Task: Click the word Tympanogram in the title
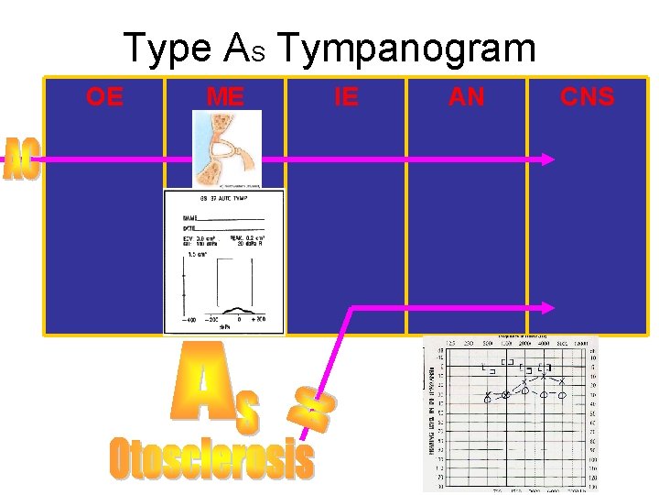pyautogui.click(x=406, y=48)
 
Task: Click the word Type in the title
pyautogui.click(x=168, y=48)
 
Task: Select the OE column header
pyautogui.click(x=104, y=96)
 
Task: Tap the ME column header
pyautogui.click(x=225, y=96)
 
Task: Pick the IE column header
pyautogui.click(x=346, y=96)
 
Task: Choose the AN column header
pyautogui.click(x=466, y=96)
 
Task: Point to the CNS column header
pyautogui.click(x=587, y=96)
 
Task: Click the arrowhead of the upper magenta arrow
pyautogui.click(x=547, y=159)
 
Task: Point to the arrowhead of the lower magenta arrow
pyautogui.click(x=547, y=308)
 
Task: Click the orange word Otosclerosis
pyautogui.click(x=211, y=458)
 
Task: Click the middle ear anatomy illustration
pyautogui.click(x=225, y=148)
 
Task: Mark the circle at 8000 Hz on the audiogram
pyautogui.click(x=563, y=395)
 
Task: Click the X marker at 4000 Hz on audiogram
pyautogui.click(x=544, y=376)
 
